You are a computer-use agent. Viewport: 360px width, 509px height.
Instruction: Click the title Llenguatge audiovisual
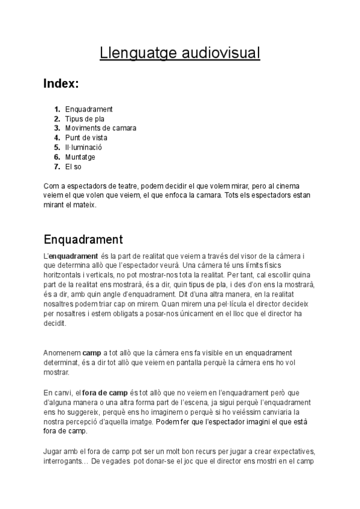[180, 53]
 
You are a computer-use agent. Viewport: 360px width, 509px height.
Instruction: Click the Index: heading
[61, 83]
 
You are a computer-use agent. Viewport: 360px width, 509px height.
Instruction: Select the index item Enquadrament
[89, 109]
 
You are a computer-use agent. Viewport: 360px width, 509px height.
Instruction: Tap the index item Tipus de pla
[85, 119]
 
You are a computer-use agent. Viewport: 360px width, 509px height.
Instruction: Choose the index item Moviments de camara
[101, 128]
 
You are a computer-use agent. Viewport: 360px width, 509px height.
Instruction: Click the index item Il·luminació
[84, 148]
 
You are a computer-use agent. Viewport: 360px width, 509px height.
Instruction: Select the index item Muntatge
[80, 157]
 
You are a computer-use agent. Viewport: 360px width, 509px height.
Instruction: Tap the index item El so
[73, 167]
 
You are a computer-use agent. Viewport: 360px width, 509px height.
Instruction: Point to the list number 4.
[57, 138]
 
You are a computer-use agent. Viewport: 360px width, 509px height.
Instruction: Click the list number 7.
[57, 167]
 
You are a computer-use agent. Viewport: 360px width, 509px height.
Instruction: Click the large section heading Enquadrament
[83, 240]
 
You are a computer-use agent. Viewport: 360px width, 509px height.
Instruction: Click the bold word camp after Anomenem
[92, 353]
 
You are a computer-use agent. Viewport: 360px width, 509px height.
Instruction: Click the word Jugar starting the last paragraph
[53, 451]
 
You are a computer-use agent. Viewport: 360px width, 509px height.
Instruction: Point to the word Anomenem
[62, 353]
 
